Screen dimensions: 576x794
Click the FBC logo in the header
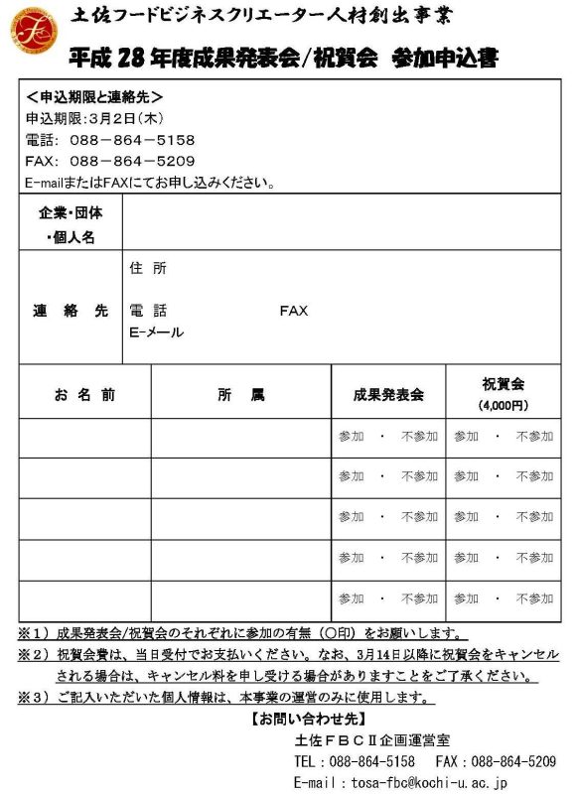click(34, 32)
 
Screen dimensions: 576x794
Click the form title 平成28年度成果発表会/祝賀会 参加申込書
click(284, 58)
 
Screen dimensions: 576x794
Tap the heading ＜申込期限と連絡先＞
click(94, 97)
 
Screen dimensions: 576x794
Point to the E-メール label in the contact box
click(157, 332)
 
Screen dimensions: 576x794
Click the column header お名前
click(84, 394)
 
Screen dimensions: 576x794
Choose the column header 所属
click(240, 394)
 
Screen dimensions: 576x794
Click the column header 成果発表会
click(387, 394)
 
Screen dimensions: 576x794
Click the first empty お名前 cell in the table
click(84, 437)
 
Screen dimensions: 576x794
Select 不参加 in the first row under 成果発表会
click(419, 436)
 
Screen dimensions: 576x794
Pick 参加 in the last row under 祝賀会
click(467, 599)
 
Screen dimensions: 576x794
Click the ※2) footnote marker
click(34, 655)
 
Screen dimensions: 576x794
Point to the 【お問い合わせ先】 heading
click(293, 718)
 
